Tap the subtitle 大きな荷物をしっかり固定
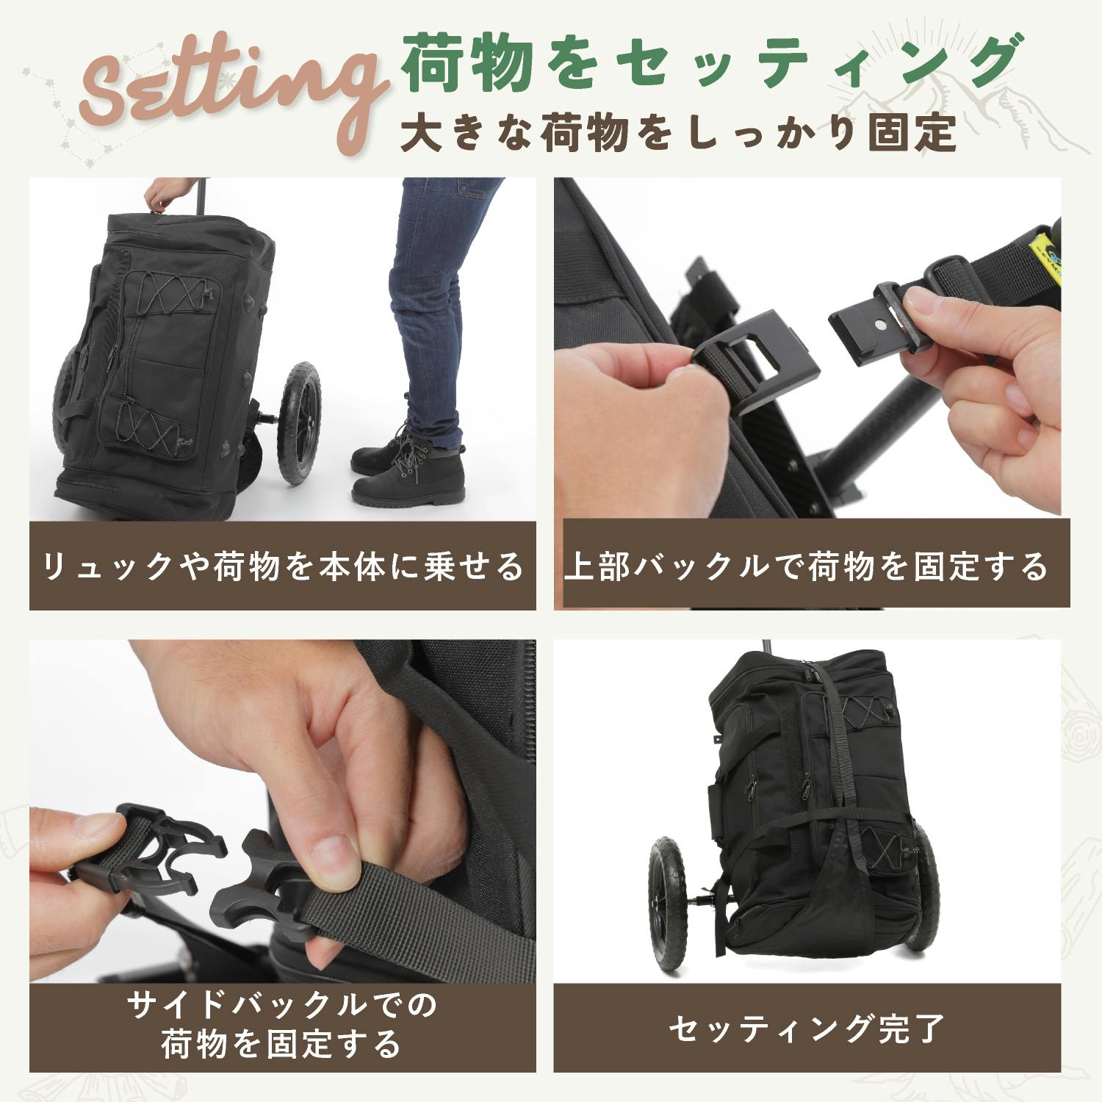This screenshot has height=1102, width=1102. click(679, 133)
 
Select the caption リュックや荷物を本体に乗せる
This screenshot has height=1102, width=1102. click(283, 566)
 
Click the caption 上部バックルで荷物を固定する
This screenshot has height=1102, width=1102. click(806, 566)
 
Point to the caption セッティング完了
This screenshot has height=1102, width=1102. click(806, 1028)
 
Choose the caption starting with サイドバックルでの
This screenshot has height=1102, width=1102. click(282, 1023)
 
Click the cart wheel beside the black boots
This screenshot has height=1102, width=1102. click(299, 422)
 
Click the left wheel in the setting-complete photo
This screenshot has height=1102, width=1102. click(668, 903)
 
